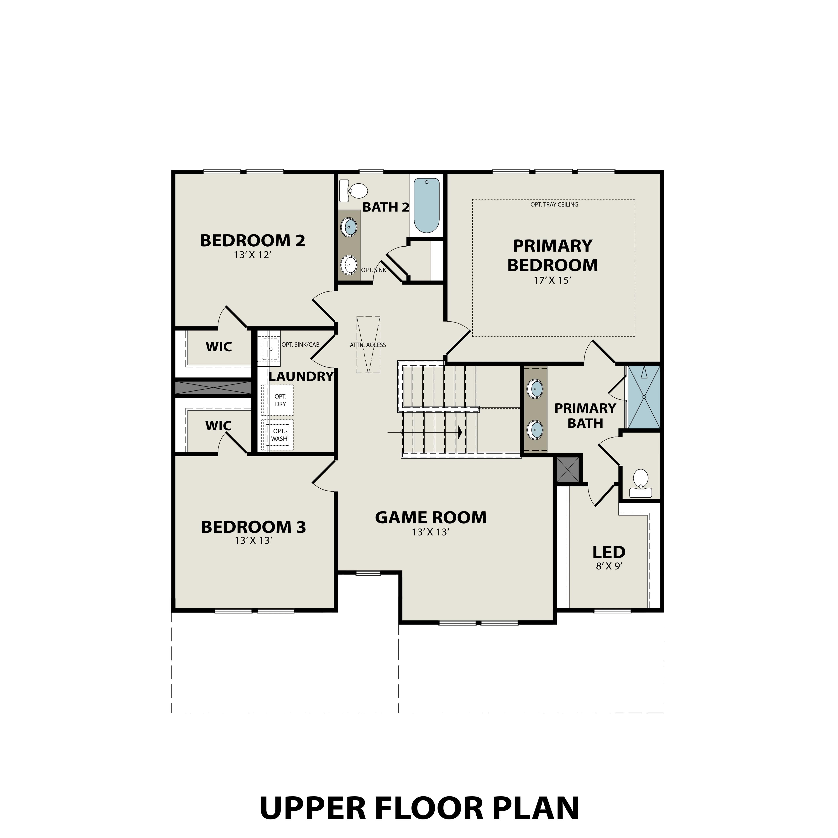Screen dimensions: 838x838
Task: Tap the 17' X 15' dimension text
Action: click(552, 281)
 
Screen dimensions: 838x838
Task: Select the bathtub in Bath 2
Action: click(426, 206)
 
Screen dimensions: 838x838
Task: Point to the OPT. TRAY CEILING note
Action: click(554, 204)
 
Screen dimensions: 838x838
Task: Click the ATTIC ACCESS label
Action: click(368, 345)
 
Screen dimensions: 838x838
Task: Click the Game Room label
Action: click(431, 517)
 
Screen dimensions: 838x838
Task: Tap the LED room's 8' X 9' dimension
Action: click(609, 566)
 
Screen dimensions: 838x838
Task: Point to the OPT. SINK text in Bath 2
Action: click(373, 270)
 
